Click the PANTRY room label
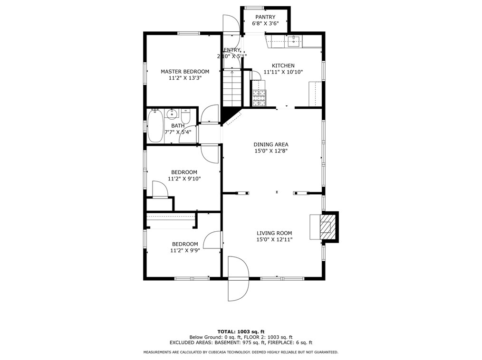[x=265, y=17]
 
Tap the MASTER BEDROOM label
[x=185, y=72]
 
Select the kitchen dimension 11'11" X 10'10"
[x=283, y=72]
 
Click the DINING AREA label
[x=271, y=144]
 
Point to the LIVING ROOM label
[x=274, y=233]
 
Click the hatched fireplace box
[x=326, y=227]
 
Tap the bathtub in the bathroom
[x=154, y=126]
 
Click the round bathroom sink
[x=172, y=114]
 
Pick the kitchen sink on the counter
[x=294, y=41]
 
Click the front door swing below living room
[x=238, y=279]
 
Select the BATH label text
[x=178, y=126]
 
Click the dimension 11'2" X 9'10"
[x=184, y=179]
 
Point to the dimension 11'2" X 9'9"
[x=185, y=251]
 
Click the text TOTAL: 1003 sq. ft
[x=241, y=332]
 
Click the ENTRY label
[x=232, y=50]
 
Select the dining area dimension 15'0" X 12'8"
[x=271, y=151]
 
